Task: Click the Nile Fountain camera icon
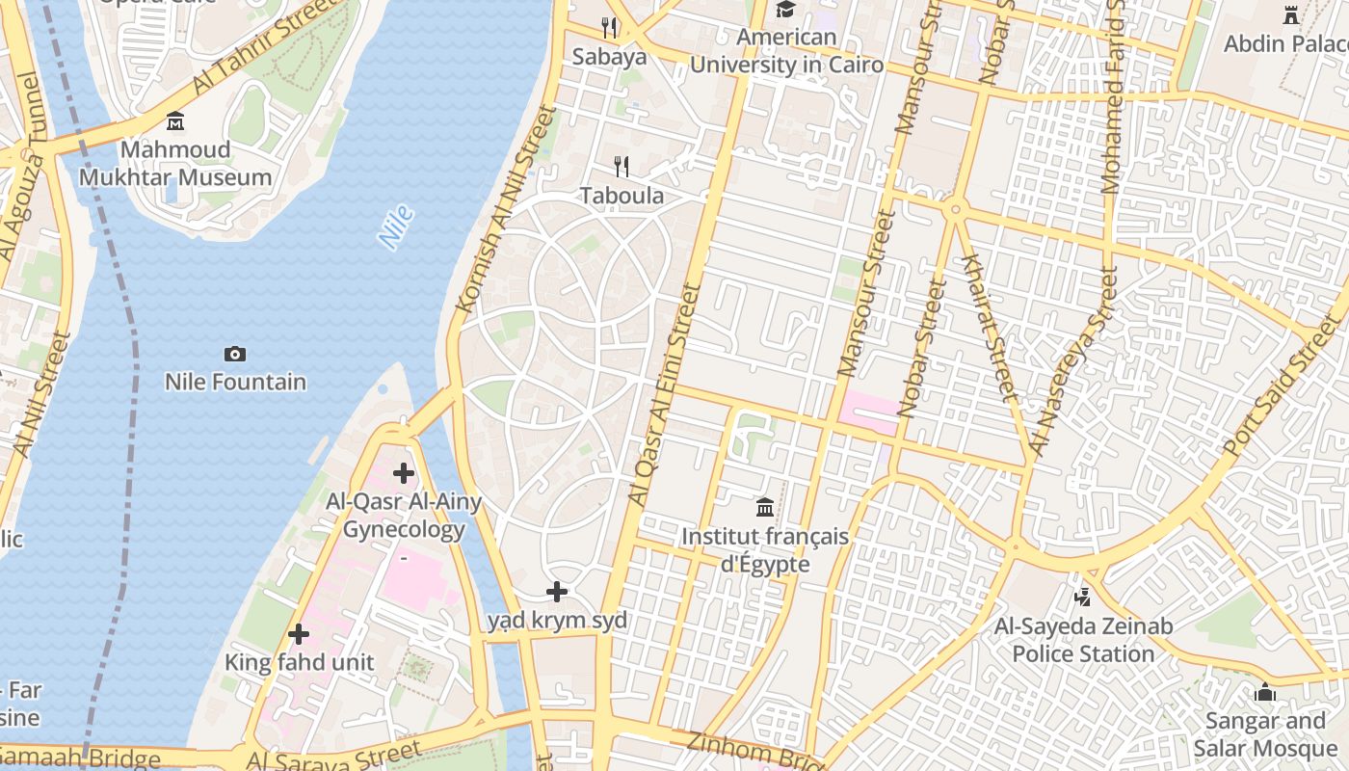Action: pos(234,354)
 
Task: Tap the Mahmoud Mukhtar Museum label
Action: pos(175,164)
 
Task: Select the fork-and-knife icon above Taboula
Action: pos(622,167)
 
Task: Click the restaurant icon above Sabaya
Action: pos(609,27)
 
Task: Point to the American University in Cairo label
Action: pos(786,51)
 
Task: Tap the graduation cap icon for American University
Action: pos(786,10)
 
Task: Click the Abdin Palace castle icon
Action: pos(1291,14)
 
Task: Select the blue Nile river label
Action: pos(396,227)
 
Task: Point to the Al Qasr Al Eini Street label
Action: pos(663,395)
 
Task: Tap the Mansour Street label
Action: pos(863,292)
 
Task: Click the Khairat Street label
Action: pos(990,328)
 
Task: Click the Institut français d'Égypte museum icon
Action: pos(765,507)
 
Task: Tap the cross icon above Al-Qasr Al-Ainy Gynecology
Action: pos(404,473)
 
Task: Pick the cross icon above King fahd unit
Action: pos(299,634)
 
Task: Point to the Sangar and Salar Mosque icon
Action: pos(1265,692)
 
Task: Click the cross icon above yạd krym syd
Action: pos(557,592)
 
